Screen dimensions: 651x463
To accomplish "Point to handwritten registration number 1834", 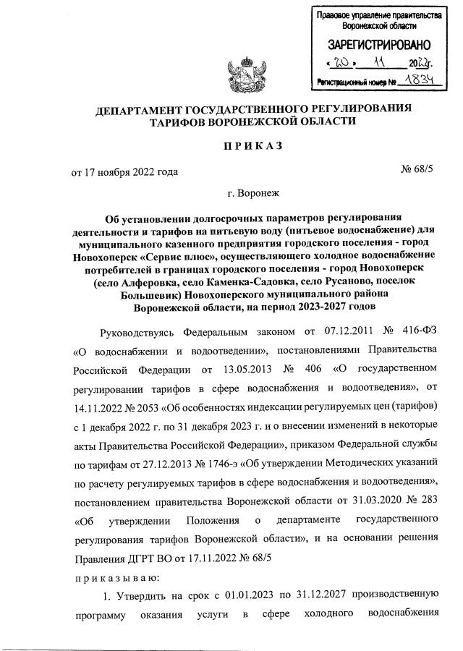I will click(x=421, y=82).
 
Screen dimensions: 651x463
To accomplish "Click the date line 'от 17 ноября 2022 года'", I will click(x=124, y=172).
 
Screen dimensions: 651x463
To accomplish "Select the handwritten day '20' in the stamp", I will click(x=338, y=64).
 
